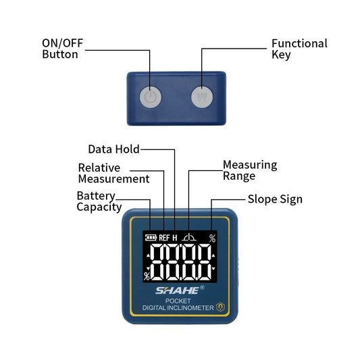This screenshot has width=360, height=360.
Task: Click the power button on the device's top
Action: point(150,97)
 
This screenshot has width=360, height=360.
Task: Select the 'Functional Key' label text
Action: point(299,49)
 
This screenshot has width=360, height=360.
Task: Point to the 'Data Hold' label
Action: point(113,149)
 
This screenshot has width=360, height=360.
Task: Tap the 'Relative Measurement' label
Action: point(113,173)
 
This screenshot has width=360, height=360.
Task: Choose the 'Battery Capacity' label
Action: point(99,201)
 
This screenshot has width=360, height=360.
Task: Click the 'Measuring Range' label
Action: point(249,170)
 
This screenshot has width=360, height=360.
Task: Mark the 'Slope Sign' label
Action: point(274,199)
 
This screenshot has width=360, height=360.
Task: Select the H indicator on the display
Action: point(175,238)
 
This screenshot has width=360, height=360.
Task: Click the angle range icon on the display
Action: point(190,237)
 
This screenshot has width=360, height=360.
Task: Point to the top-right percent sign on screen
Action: point(212,238)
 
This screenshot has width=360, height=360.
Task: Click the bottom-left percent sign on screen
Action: point(147,276)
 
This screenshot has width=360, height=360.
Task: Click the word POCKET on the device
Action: point(179,301)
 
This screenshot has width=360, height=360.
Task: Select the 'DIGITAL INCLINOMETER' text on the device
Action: point(178,308)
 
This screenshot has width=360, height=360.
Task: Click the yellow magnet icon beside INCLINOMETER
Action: point(220,307)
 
